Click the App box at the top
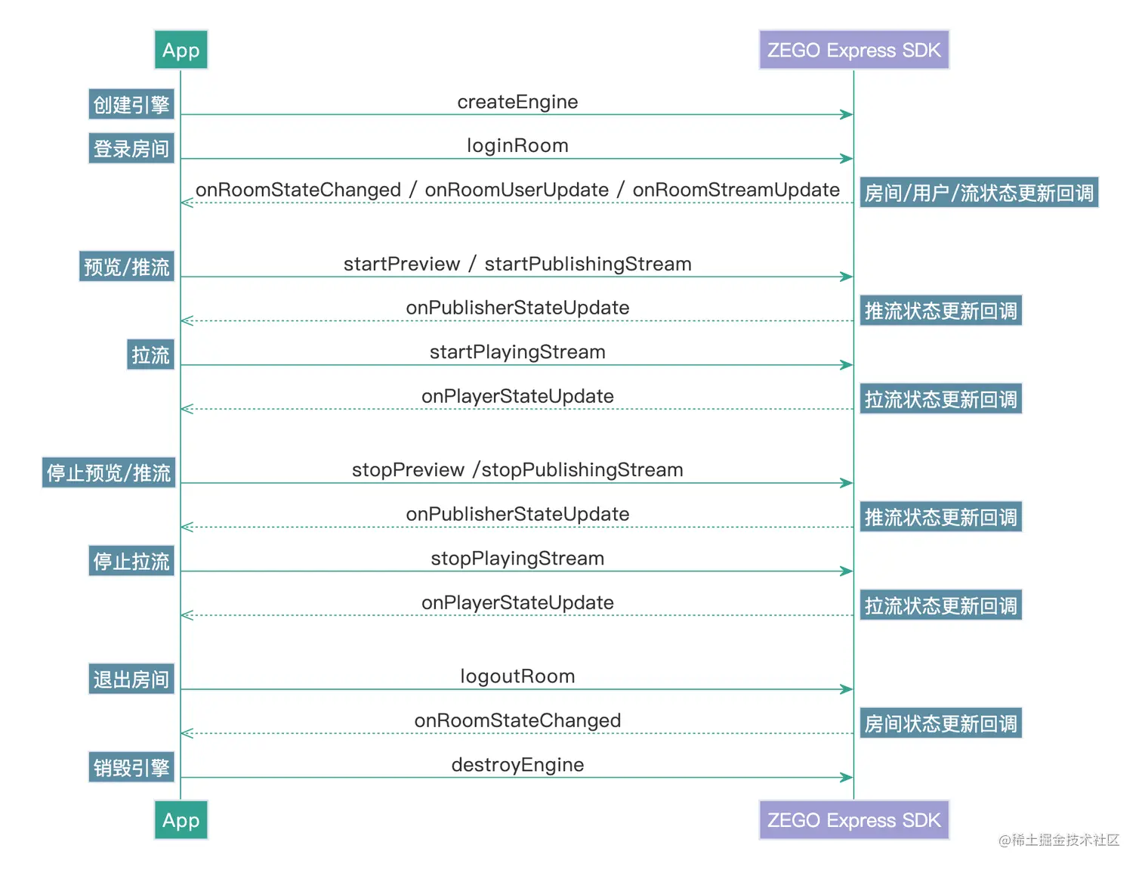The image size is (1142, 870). (x=181, y=50)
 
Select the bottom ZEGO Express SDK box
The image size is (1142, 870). (x=853, y=820)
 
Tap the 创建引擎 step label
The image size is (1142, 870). (x=131, y=104)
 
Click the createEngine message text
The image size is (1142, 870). (x=517, y=102)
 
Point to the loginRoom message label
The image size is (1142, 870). (x=517, y=145)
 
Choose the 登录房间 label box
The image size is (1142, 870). (x=131, y=148)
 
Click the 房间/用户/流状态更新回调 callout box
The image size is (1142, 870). (x=979, y=193)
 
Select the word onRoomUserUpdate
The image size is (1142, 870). (x=517, y=190)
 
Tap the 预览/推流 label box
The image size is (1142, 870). (x=127, y=267)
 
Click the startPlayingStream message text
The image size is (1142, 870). (x=517, y=352)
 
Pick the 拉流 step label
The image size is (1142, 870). (x=150, y=355)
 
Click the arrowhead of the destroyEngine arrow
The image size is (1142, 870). (x=847, y=777)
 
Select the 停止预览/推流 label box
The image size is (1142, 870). (x=109, y=472)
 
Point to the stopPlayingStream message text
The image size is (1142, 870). (x=517, y=559)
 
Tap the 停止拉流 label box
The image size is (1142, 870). (x=131, y=561)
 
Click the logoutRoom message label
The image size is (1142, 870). (x=517, y=676)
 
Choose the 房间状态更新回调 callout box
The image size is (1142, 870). (x=940, y=723)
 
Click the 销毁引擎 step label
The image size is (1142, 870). (x=131, y=767)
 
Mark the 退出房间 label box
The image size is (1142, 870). (x=131, y=679)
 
